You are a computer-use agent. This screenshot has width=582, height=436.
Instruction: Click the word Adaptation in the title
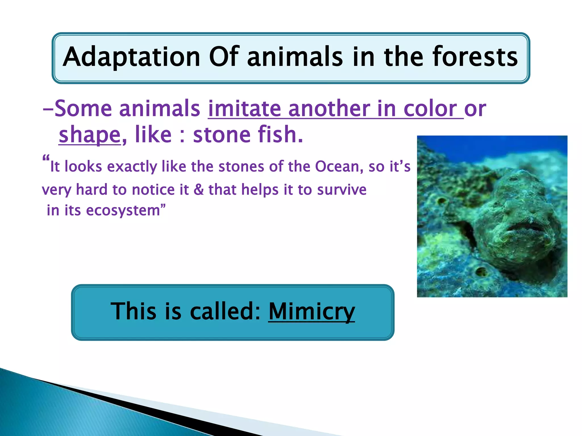click(x=131, y=57)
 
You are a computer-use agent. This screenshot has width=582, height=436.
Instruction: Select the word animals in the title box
click(x=295, y=57)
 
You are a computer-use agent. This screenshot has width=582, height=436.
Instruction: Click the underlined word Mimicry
click(x=311, y=312)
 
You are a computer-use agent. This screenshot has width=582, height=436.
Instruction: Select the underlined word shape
click(x=90, y=135)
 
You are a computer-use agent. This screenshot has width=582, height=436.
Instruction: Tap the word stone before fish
click(x=221, y=135)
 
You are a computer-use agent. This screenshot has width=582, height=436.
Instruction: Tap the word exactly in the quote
click(x=132, y=167)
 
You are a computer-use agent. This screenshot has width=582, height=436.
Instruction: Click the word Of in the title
click(x=224, y=57)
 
